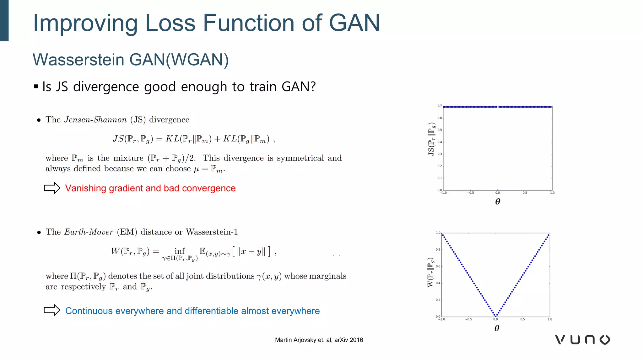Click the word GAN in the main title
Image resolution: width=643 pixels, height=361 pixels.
pos(354,23)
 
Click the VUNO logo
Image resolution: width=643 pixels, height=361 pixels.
pos(583,340)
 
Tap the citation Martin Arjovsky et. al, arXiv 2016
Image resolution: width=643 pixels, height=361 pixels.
pos(319,340)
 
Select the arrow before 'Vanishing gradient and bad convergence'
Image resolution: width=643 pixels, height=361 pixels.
pos(52,188)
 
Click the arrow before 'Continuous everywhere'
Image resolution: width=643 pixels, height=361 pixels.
pos(52,310)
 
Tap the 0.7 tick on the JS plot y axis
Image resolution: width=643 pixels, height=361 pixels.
pos(440,106)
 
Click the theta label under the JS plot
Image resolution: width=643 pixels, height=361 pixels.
pos(498,201)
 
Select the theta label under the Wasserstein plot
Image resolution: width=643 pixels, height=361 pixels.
pos(497,328)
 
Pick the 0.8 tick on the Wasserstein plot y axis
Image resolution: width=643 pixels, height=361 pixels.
pos(438,250)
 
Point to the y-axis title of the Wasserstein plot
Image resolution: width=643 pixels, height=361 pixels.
pos(430,272)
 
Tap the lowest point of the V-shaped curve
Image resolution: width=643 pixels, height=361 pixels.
pos(496,316)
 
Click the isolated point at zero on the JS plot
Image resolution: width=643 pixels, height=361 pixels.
pos(498,190)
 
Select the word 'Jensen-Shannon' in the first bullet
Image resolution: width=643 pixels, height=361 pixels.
pos(95,120)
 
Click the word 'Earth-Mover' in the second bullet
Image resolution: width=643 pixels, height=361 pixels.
pos(89,232)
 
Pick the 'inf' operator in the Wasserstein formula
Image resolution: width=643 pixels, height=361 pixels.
pos(180,251)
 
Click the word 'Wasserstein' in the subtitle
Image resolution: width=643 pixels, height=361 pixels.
pos(78,60)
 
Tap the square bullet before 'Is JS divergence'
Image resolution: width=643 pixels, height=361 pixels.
pos(36,86)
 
